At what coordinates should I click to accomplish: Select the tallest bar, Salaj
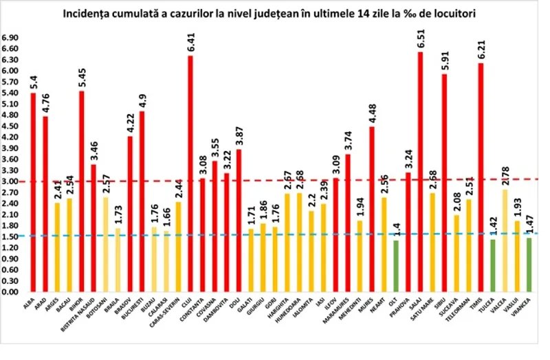point(420,172)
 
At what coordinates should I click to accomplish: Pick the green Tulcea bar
point(492,265)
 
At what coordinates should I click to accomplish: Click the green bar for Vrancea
point(529,265)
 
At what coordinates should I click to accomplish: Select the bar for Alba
point(33,192)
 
